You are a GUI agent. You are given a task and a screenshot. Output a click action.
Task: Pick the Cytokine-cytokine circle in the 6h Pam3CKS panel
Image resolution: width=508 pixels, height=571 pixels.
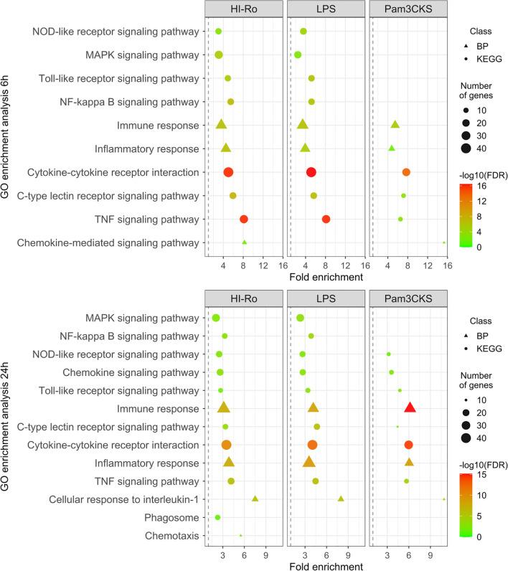click(406, 172)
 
